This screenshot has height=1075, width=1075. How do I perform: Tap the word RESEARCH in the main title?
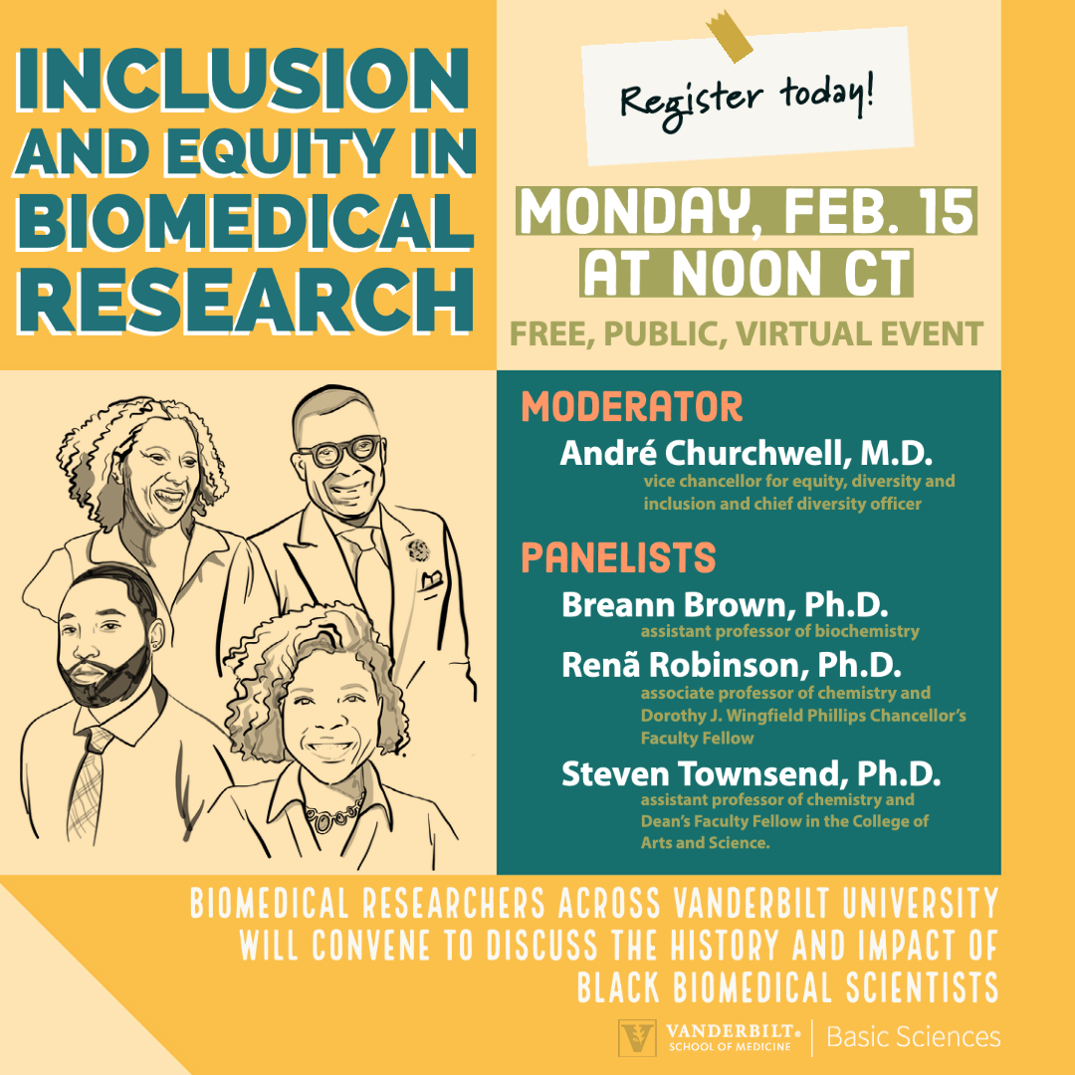246,301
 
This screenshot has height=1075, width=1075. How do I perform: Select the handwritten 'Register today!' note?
748,96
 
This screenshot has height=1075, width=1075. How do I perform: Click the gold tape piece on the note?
728,34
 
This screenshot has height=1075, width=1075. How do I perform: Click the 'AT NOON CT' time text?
747,273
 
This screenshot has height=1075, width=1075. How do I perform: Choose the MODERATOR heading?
631,406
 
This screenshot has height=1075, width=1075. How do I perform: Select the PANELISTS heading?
618,557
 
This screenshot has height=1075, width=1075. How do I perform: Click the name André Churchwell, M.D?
746,453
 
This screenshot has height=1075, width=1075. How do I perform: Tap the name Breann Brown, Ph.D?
725,605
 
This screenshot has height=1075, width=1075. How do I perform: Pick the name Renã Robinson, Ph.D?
732,664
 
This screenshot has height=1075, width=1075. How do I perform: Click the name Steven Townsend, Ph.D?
751,773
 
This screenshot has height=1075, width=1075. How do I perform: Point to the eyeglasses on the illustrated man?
340,451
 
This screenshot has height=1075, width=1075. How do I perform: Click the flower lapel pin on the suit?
418,549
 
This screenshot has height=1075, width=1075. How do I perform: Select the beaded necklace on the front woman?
334,813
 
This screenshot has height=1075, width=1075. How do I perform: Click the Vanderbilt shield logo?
637,1037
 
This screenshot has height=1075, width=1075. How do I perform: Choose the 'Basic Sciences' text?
913,1036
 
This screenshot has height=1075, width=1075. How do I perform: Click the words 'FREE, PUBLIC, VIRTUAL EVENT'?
747,333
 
